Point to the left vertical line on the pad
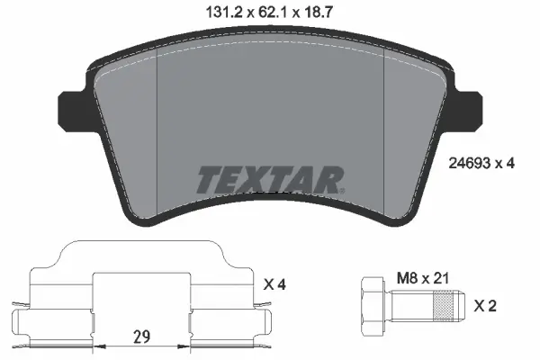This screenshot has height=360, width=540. [157, 135]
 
